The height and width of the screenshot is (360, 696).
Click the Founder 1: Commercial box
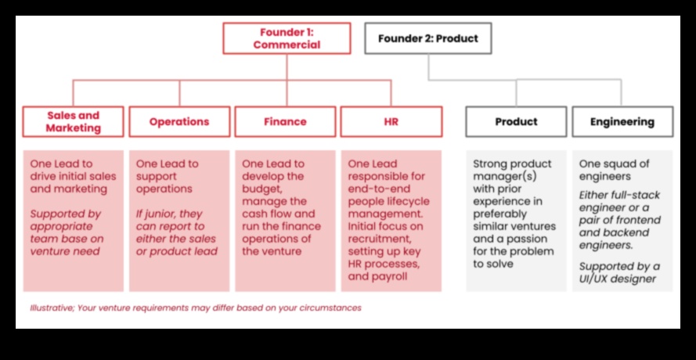click(x=286, y=38)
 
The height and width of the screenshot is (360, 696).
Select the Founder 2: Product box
click(x=427, y=38)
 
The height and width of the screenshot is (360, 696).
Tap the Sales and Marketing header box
click(x=73, y=122)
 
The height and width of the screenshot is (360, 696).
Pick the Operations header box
click(x=179, y=122)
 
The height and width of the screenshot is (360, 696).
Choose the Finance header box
click(x=285, y=122)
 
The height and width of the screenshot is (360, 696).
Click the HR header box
click(x=391, y=122)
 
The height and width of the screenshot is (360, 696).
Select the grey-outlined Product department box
click(x=516, y=122)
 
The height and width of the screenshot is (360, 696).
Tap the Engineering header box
click(x=622, y=122)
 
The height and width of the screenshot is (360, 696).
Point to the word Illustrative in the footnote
click(x=52, y=308)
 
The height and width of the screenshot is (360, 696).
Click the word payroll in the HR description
click(x=388, y=276)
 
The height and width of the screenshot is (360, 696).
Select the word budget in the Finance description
click(x=261, y=189)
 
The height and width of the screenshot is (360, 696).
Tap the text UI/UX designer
click(x=626, y=279)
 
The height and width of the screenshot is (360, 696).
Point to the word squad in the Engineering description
click(x=618, y=164)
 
